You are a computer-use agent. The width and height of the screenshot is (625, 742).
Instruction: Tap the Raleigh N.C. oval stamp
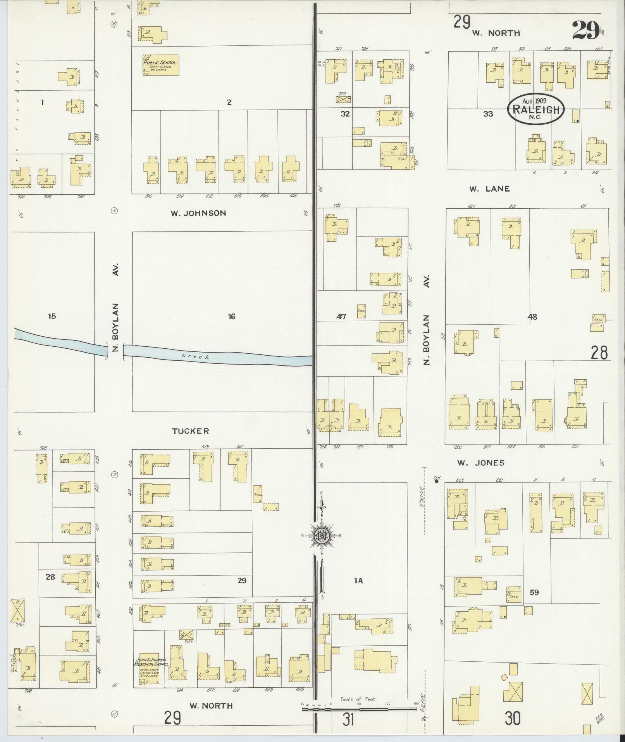coord(536,109)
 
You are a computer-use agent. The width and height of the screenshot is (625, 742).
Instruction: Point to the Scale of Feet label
coord(358,699)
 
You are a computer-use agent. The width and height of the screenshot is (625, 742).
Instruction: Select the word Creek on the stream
coord(196,356)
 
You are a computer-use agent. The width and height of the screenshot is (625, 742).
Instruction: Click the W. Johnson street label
coord(198,213)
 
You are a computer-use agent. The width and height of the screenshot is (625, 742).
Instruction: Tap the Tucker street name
coord(190,431)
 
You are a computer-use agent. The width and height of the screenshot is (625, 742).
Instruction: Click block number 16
coord(231,317)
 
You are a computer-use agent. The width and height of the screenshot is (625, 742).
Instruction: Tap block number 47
coord(341,317)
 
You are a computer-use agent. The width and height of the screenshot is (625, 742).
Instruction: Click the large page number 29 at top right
coord(585,31)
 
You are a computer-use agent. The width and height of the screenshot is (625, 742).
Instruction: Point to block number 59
coord(534,592)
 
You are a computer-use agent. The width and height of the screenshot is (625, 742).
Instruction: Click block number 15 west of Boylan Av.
coord(52,316)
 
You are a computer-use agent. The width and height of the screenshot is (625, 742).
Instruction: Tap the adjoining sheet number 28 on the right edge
coord(599,353)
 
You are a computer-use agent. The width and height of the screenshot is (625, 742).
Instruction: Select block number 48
coord(532,317)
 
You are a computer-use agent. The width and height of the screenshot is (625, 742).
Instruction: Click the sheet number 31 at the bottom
coord(348,720)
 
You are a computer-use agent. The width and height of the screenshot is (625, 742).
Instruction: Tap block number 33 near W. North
coord(488,114)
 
